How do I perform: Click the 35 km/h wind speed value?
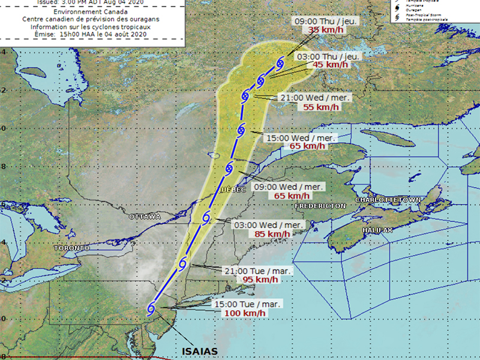click(x=323, y=30)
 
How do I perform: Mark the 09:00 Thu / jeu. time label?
click(x=326, y=21)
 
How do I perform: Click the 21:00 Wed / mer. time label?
click(x=316, y=98)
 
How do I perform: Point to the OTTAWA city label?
click(x=145, y=216)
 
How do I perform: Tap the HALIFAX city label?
click(x=377, y=230)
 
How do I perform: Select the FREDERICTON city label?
click(x=320, y=206)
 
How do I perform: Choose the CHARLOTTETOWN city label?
click(x=389, y=199)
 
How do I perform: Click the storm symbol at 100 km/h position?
click(x=152, y=308)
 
